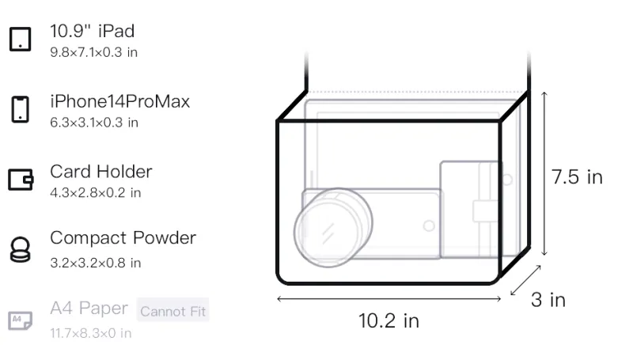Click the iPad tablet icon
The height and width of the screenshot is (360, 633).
[21, 39]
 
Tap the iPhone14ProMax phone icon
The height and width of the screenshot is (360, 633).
[21, 109]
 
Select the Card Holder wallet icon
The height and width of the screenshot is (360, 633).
[21, 179]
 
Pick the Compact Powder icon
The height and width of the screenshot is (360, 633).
[21, 250]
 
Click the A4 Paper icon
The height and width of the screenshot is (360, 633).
[21, 320]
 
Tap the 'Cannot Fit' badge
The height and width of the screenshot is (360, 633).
[172, 311]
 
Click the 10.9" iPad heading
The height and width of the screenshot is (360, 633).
[92, 31]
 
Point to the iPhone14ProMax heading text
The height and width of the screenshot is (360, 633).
[120, 101]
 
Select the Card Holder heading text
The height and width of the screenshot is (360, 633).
[101, 172]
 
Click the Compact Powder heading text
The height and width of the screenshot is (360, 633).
[123, 237]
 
